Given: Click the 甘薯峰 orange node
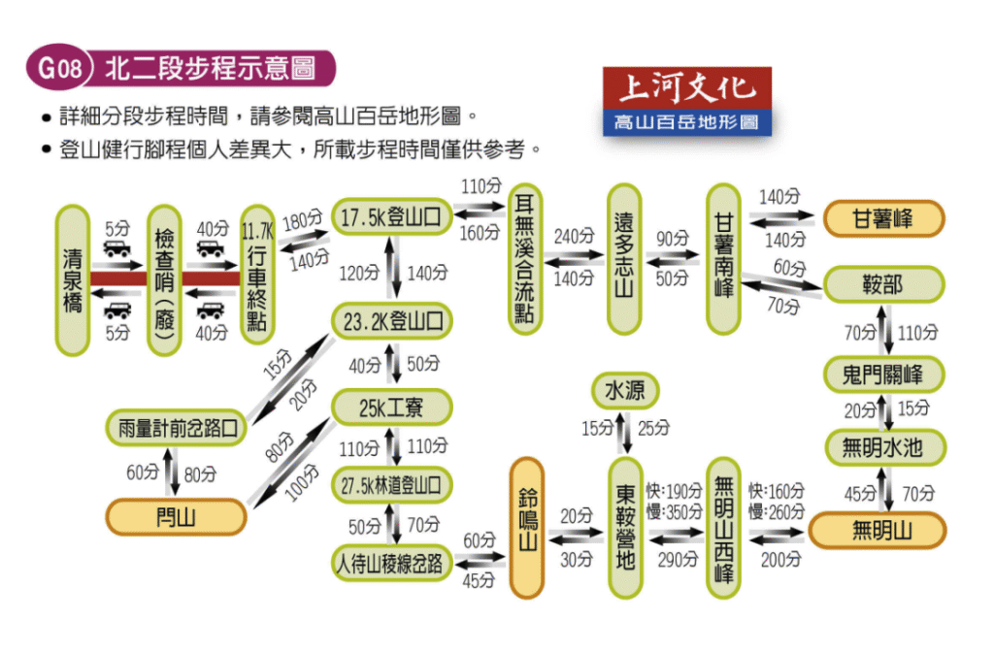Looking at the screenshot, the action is click(883, 218).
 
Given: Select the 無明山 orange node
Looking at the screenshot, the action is click(878, 530).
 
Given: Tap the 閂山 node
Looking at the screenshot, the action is click(176, 517).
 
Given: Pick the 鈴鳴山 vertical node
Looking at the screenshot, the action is click(527, 528).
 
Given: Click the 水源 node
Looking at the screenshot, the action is click(625, 391).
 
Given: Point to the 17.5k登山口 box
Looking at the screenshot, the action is click(391, 217).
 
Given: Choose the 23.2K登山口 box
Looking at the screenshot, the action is click(392, 321).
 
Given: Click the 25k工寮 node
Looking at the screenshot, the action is click(392, 408).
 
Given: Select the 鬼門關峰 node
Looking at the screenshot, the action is click(883, 375).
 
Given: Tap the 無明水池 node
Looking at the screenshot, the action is click(885, 448).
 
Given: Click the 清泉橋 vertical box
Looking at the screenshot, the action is click(72, 280).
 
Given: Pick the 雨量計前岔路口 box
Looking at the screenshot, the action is click(176, 428).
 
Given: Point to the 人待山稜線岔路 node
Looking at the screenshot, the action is click(392, 563).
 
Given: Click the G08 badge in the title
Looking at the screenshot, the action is click(59, 67).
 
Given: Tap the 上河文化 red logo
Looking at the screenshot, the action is click(687, 88).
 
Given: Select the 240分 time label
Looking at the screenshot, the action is click(574, 237).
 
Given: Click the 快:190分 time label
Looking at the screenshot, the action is click(674, 490).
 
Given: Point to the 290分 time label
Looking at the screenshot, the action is click(678, 560).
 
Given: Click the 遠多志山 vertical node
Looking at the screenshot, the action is click(624, 259).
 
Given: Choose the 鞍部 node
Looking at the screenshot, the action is click(883, 284).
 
